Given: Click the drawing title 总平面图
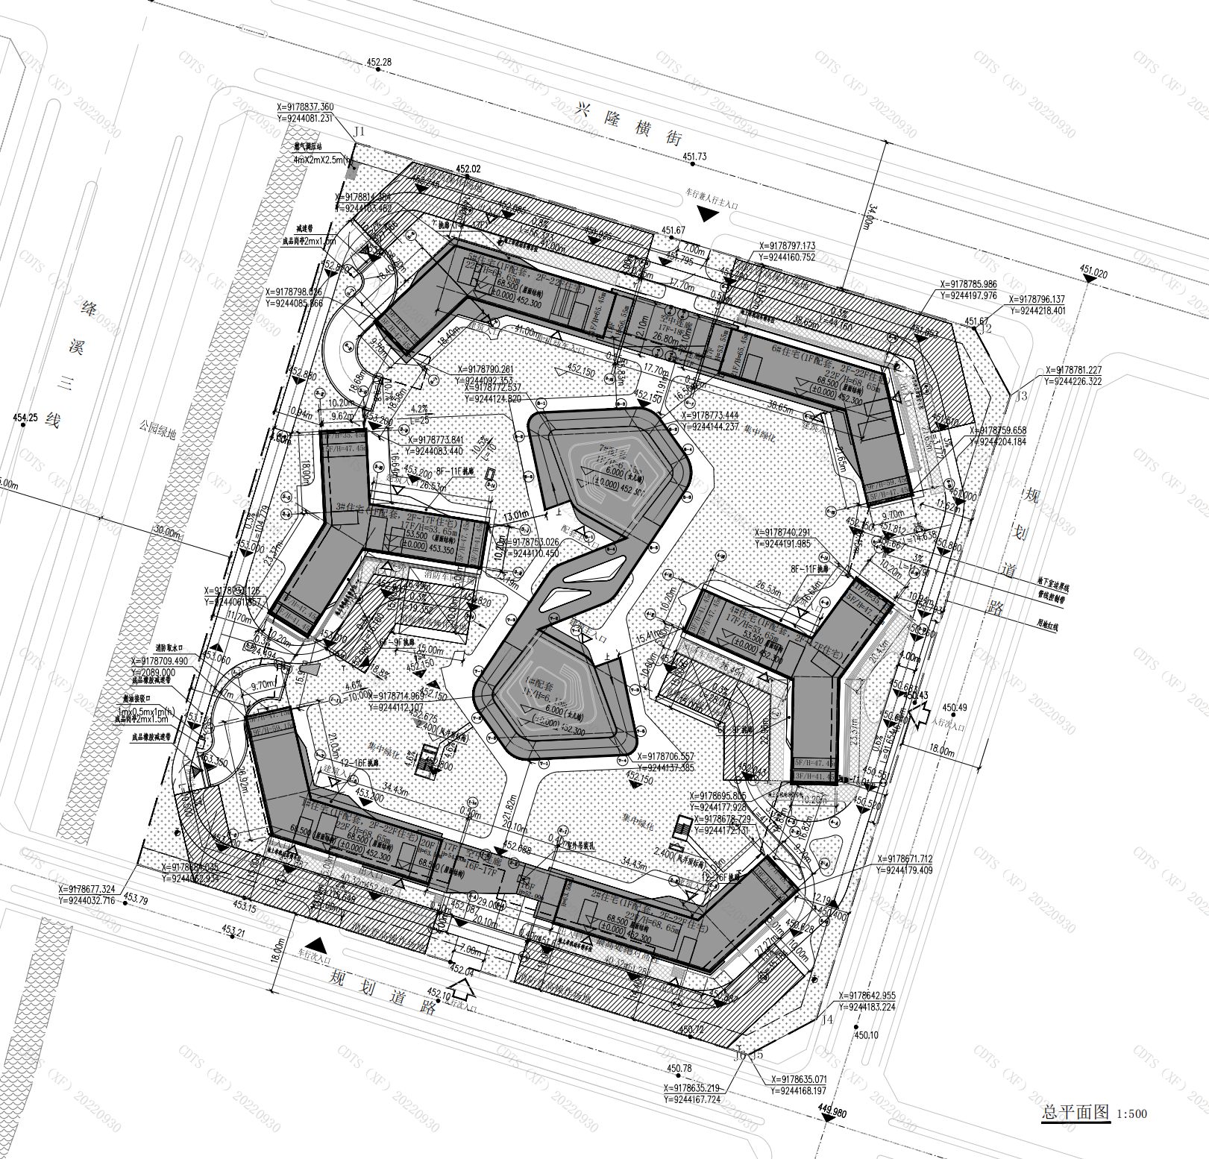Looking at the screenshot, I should click(1075, 1112).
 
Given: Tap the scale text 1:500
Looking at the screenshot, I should click(1131, 1114).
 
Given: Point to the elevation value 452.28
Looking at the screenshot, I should click(379, 63).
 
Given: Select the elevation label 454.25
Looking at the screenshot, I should click(25, 418).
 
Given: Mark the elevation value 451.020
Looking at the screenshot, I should click(1093, 271).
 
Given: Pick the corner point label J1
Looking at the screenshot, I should click(359, 131).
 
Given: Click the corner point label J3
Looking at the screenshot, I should click(1022, 396).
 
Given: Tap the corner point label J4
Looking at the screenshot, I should click(826, 1020).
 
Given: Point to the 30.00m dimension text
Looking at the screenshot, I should click(167, 532).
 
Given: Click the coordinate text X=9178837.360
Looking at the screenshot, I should click(305, 107).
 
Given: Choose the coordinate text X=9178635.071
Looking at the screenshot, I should click(799, 1079).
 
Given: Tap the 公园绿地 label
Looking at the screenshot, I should click(157, 429).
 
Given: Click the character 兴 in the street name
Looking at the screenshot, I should click(583, 110).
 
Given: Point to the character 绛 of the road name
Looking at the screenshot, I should click(89, 308).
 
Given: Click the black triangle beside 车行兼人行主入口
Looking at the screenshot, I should click(707, 215).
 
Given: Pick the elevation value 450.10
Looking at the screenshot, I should click(866, 1035).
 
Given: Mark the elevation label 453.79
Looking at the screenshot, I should click(136, 899).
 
